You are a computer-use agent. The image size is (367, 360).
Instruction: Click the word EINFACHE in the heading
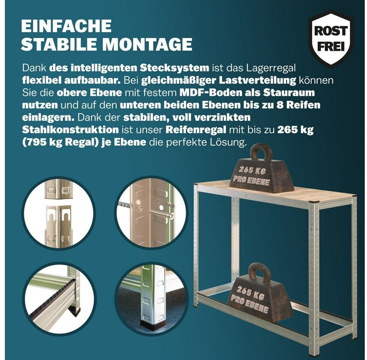click(66, 26)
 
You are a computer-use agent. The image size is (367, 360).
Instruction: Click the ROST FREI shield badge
click(331, 39)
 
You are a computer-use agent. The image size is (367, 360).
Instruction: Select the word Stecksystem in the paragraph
click(174, 68)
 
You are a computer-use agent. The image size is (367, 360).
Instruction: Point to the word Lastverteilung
click(258, 80)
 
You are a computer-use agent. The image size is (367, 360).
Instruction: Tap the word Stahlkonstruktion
click(70, 129)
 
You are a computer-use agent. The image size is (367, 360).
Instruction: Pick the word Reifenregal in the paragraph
click(196, 130)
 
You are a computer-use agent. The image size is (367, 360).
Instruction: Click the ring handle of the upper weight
click(261, 152)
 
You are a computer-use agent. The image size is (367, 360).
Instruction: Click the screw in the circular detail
click(162, 213)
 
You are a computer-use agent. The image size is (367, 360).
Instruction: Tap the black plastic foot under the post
click(150, 326)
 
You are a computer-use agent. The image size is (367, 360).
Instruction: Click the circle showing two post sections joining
click(58, 213)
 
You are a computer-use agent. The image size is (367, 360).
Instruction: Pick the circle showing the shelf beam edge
click(58, 299)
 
